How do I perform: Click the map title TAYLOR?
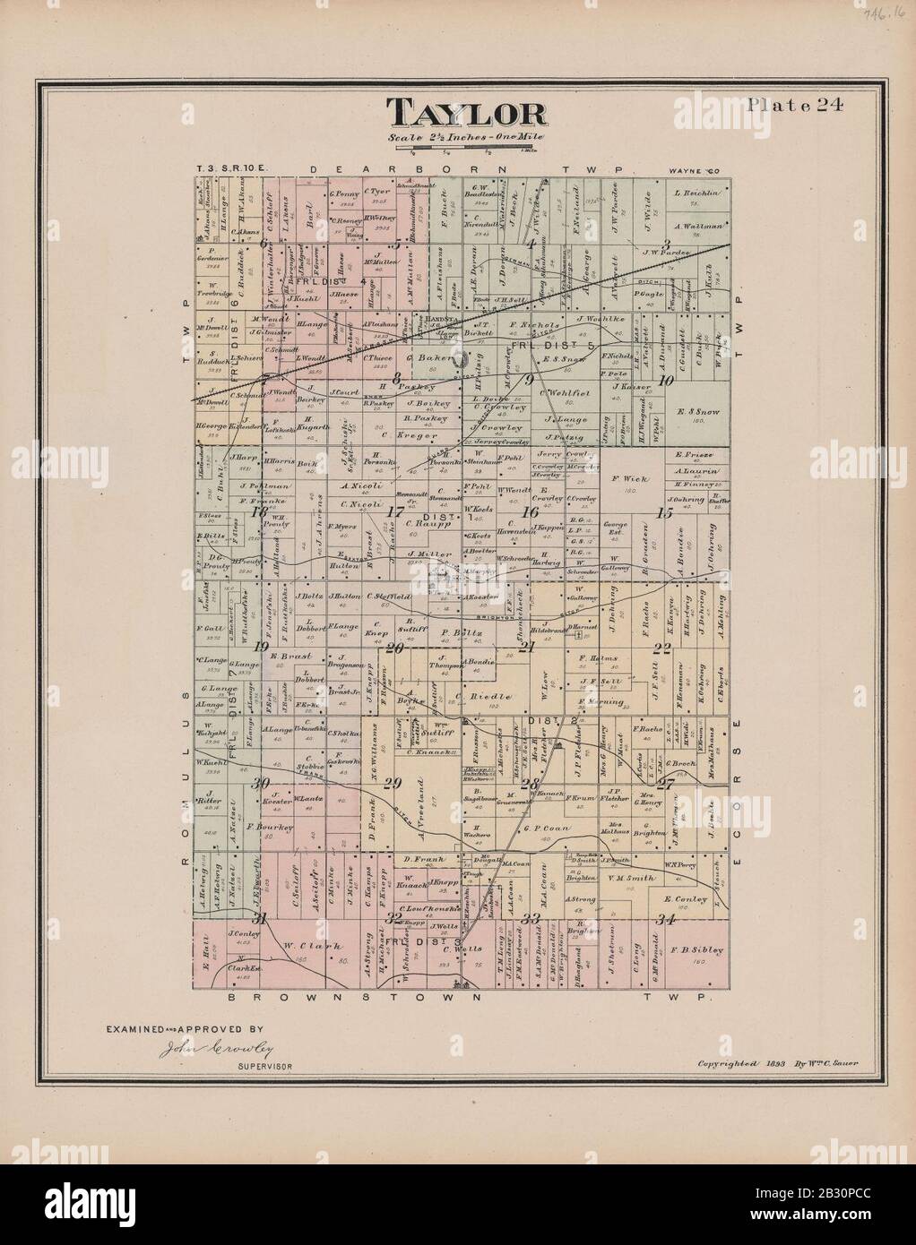[466, 114]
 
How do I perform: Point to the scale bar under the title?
[466, 150]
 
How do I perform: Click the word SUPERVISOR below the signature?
[265, 1067]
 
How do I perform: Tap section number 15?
[663, 513]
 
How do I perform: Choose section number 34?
[664, 919]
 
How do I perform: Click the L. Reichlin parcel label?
[688, 193]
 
